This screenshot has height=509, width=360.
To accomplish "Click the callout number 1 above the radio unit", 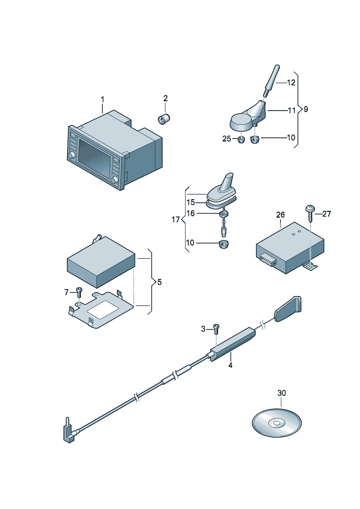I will [x=102, y=99].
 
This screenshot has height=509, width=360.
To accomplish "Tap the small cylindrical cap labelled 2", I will [x=164, y=118].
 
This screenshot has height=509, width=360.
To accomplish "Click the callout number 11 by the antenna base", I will [x=292, y=110].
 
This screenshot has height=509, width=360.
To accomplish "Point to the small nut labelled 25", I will [x=240, y=139].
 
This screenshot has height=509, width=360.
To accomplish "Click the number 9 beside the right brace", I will [x=306, y=109].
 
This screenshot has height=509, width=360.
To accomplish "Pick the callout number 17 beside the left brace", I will [x=176, y=219].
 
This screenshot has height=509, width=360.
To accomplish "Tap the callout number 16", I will [x=191, y=213].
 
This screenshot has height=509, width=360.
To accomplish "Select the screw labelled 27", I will [x=310, y=214].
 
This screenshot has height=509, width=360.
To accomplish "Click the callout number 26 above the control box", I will [x=280, y=215].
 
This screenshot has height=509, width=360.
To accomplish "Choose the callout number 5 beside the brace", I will [x=159, y=282].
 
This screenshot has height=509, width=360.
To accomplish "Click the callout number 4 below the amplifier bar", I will [x=230, y=365].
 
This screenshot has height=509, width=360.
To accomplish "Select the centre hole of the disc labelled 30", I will [x=277, y=423].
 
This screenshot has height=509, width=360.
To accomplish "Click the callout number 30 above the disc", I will [x=282, y=393].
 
